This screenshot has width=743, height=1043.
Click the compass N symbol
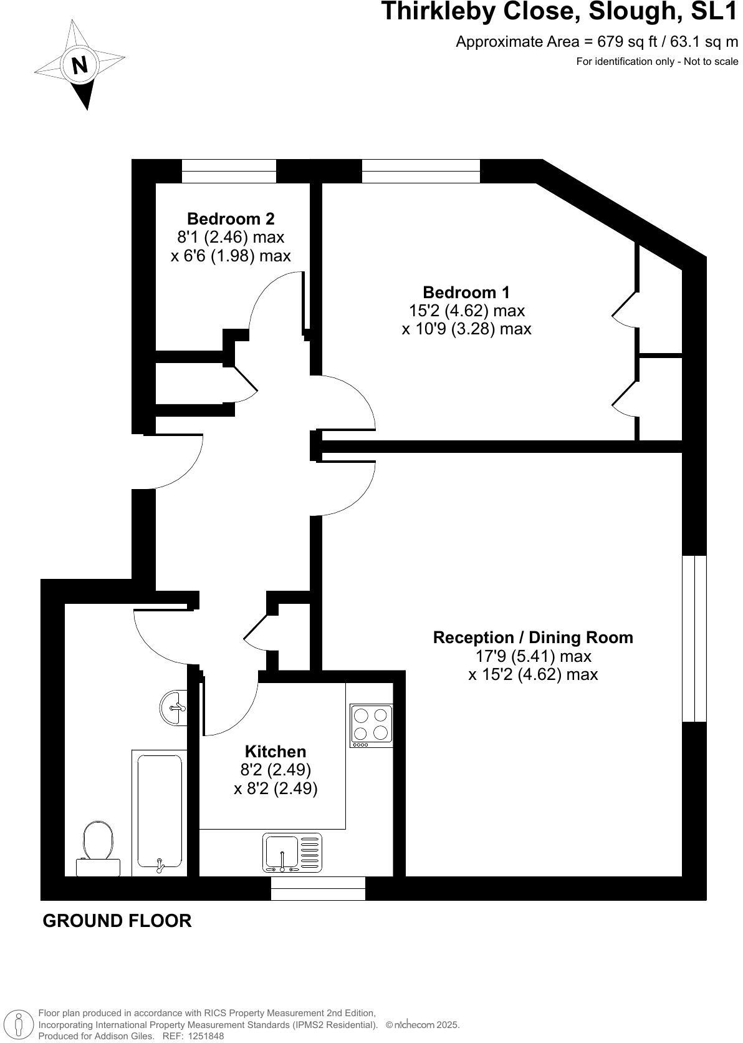coord(79,65)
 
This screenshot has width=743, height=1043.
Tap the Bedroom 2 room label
coord(231,219)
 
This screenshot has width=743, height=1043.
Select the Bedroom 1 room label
coord(466,292)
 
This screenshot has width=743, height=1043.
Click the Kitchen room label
coord(276,752)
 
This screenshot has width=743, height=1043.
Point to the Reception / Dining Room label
coord(533,638)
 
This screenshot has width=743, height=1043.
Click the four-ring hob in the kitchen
coord(371,725)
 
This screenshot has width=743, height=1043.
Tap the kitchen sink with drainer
coord(292,852)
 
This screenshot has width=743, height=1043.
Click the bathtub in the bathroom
coord(160,812)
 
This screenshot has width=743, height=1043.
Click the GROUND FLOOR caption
coord(117,921)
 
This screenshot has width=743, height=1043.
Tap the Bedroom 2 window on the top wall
coord(229,171)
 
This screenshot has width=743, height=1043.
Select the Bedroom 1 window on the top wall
coord(421,171)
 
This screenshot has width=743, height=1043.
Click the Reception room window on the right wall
coord(694,638)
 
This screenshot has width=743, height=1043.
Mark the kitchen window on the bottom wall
coord(318,888)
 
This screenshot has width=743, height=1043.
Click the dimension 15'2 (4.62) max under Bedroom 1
coord(466,311)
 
